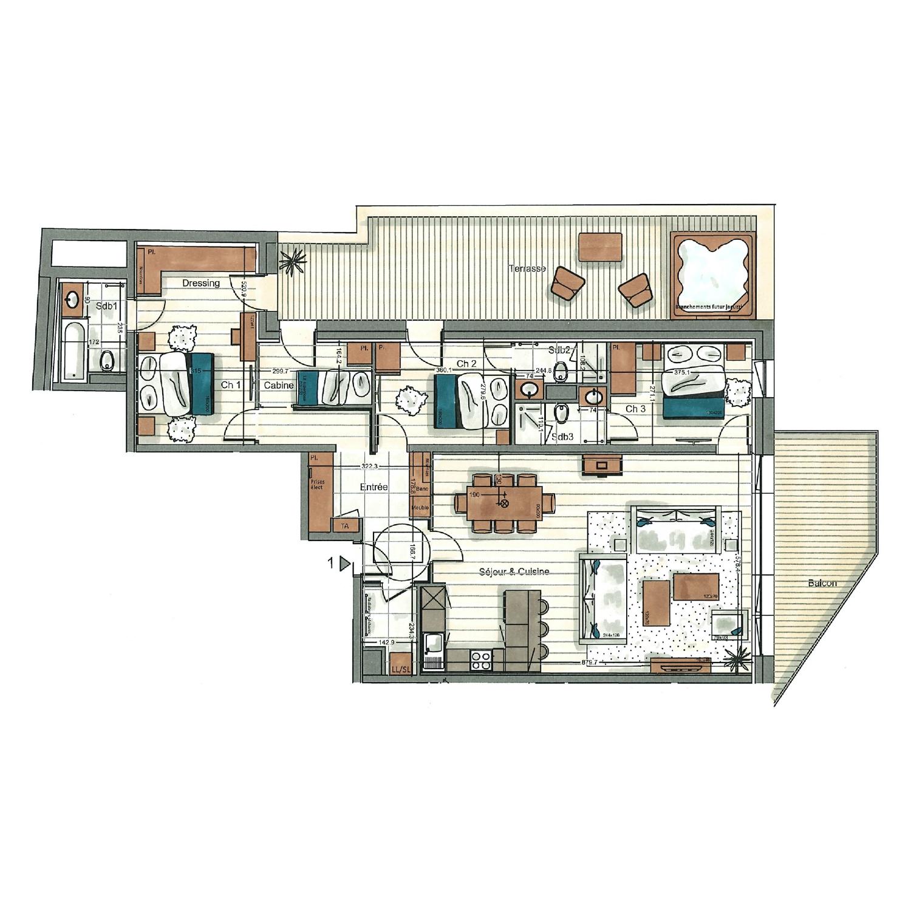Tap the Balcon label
(x=822, y=583)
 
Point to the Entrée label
(x=374, y=487)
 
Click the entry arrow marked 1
(x=344, y=564)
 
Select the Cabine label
(x=279, y=386)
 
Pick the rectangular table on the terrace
(x=601, y=247)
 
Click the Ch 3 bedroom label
(x=635, y=409)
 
